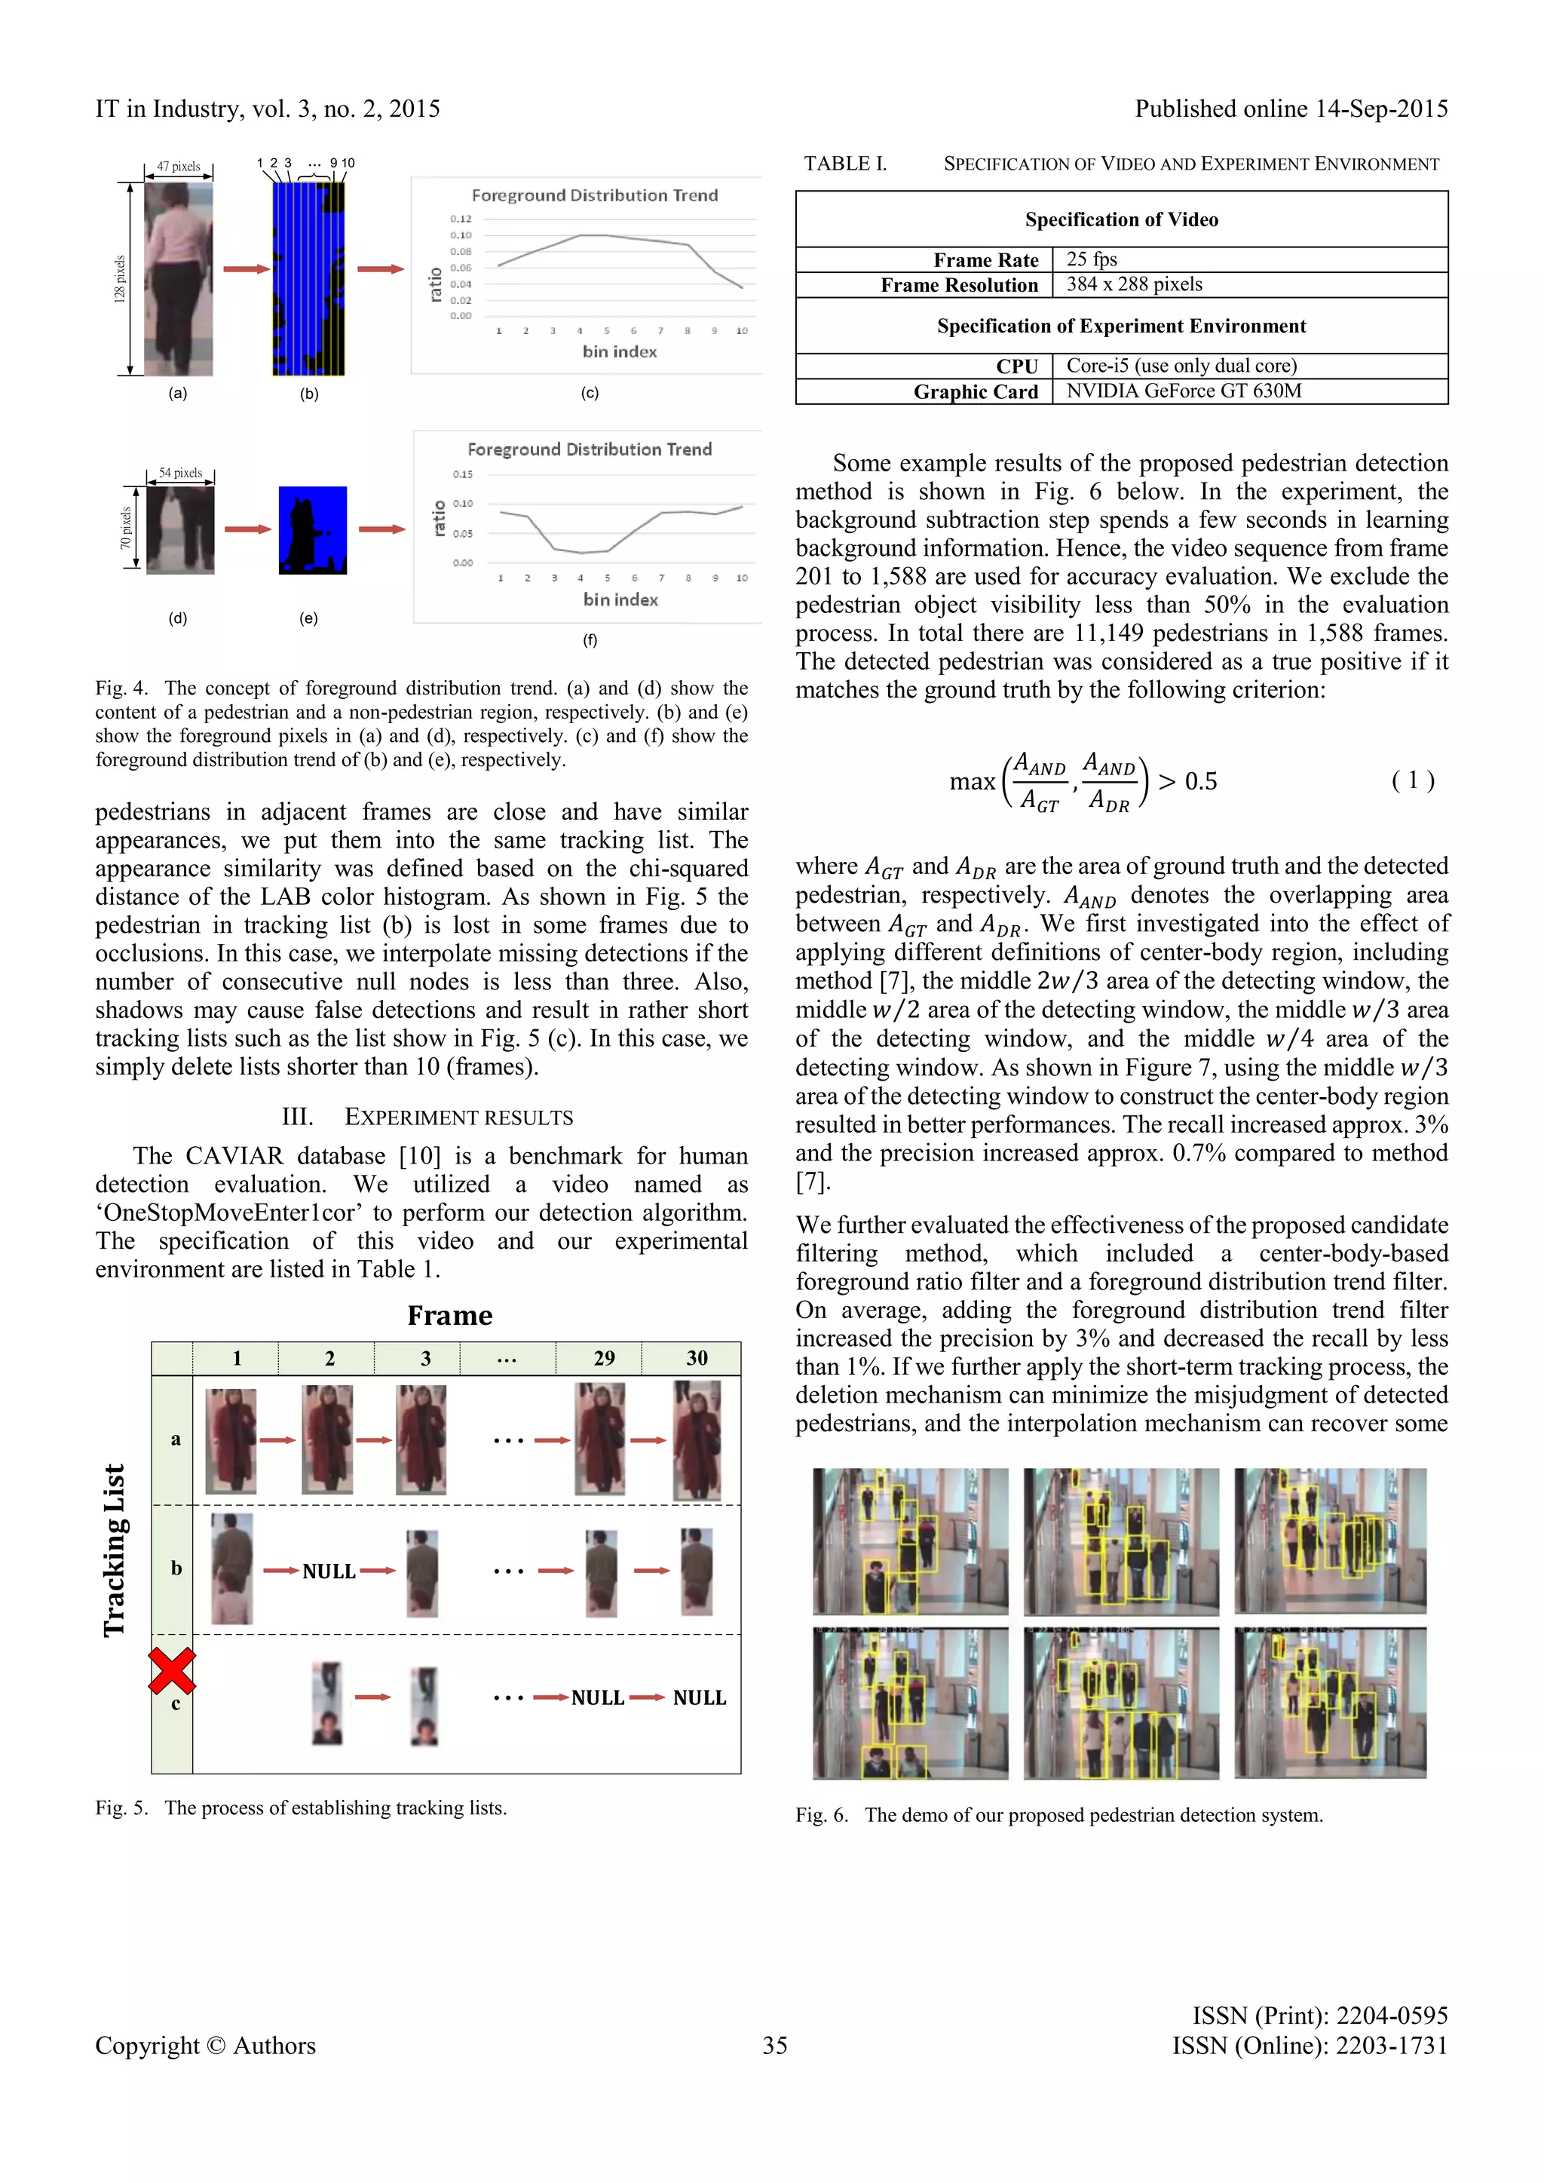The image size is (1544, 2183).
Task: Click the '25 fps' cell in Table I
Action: [1092, 259]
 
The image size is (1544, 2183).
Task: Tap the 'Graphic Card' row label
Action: [976, 391]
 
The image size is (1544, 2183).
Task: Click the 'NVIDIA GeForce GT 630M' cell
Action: [1184, 391]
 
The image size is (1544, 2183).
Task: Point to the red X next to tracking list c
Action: [172, 1670]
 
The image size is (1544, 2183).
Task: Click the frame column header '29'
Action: [604, 1358]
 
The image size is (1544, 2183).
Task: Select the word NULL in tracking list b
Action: [329, 1571]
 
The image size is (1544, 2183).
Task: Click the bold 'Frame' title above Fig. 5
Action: [449, 1316]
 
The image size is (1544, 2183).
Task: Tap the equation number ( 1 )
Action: [1413, 780]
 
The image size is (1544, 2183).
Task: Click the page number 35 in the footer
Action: [775, 2046]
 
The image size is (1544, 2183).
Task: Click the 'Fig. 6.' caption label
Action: [822, 1815]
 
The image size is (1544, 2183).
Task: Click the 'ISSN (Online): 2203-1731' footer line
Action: [1310, 2046]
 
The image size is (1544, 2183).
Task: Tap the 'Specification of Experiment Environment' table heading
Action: [1121, 326]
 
